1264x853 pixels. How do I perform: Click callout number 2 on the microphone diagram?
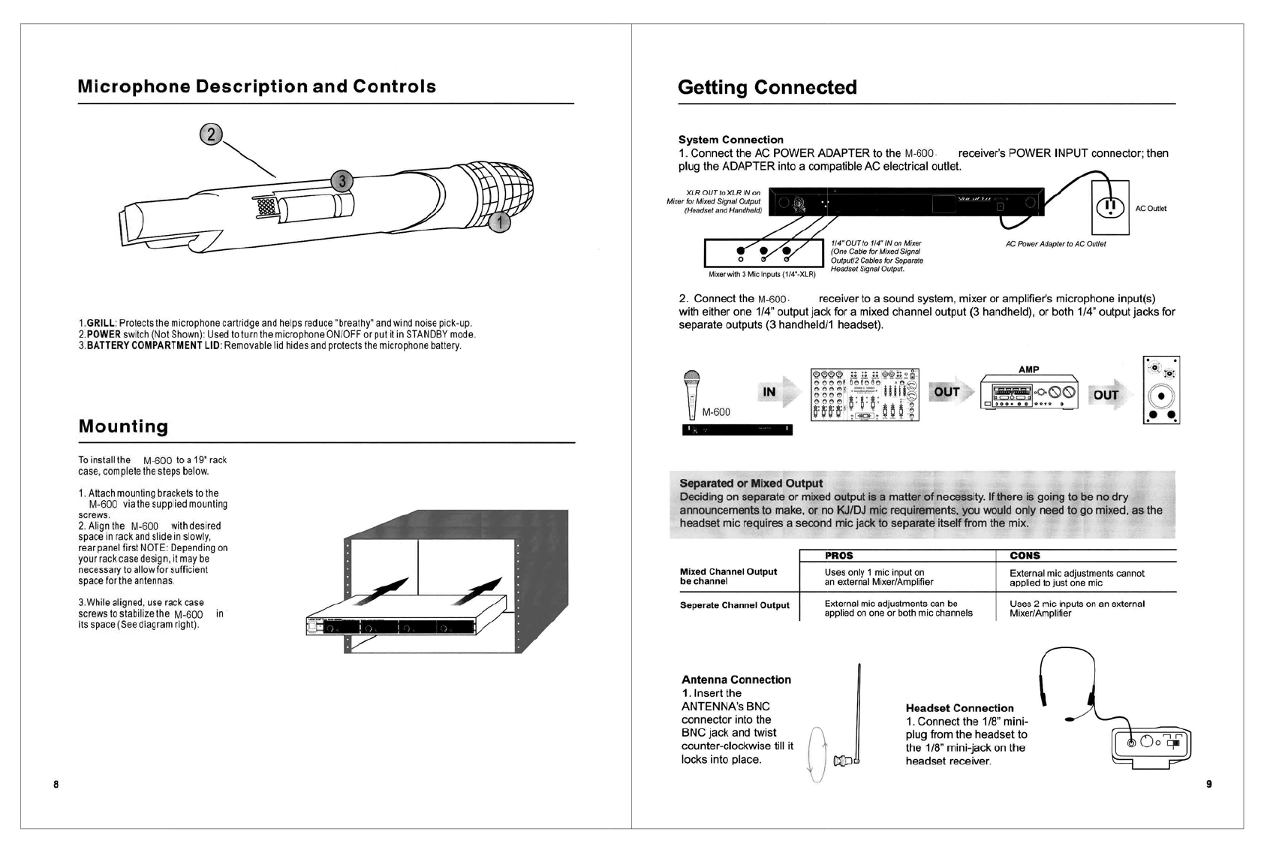(x=211, y=134)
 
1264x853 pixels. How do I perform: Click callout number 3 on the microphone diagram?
(x=342, y=181)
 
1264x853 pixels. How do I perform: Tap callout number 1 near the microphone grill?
(x=500, y=222)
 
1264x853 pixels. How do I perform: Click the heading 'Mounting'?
(x=123, y=426)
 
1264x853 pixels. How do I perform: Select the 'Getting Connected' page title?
(x=766, y=88)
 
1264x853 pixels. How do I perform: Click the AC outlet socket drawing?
(x=1111, y=206)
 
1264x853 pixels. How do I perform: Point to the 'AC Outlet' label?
(x=1151, y=209)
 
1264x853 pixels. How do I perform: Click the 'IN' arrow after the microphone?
(x=773, y=391)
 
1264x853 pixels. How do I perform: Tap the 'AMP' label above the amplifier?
(x=1029, y=369)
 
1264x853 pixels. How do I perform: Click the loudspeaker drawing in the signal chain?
(x=1161, y=390)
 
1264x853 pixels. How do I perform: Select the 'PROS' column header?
(x=838, y=556)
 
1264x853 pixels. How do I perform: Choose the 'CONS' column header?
(x=1025, y=556)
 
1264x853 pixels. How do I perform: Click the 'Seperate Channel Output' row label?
(x=734, y=605)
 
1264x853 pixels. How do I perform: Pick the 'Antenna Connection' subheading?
(x=736, y=680)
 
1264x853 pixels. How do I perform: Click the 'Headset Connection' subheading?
(x=959, y=708)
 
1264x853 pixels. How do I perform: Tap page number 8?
(x=56, y=785)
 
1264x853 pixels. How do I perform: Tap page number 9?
(x=1208, y=784)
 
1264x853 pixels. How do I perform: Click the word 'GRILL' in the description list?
(x=101, y=324)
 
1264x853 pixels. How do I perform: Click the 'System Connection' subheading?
(x=730, y=140)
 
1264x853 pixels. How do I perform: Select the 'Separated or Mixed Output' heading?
(x=751, y=484)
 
